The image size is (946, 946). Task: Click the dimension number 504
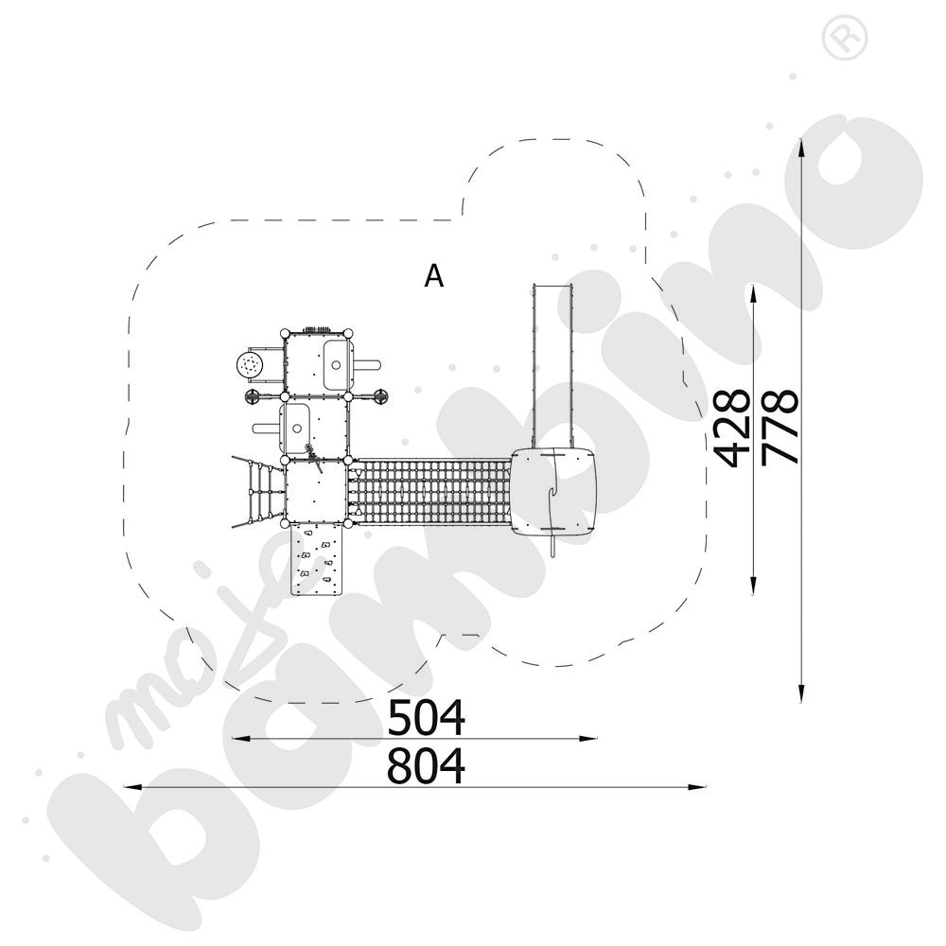426,717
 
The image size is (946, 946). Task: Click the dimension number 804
426,765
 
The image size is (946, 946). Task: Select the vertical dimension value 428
731,428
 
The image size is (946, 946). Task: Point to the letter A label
434,276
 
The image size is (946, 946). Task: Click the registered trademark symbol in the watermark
845,37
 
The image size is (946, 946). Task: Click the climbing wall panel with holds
317,559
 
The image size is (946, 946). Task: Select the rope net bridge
431,491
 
